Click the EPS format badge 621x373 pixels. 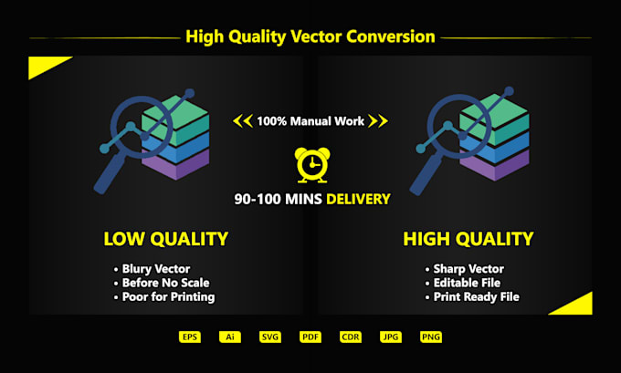[x=190, y=337]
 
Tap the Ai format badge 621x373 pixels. [x=230, y=337]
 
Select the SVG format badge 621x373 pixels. [x=270, y=337]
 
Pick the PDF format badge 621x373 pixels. [x=310, y=337]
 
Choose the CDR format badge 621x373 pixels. [x=351, y=337]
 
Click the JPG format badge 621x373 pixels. [x=391, y=337]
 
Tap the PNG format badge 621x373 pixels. [x=431, y=337]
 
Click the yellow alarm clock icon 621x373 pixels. [x=312, y=165]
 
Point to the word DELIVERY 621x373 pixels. [x=358, y=199]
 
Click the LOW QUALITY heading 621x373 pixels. [x=166, y=239]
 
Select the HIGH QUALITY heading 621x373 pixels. [x=468, y=239]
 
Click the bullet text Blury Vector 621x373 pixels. [x=156, y=269]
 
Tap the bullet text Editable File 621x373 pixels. [x=467, y=283]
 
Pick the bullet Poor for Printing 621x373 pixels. [x=168, y=297]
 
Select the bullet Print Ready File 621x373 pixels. [x=477, y=297]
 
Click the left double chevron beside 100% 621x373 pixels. [x=243, y=121]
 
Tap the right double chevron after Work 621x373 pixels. [x=378, y=121]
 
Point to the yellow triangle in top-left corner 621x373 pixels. [x=44, y=65]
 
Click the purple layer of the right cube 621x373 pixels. [x=495, y=166]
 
